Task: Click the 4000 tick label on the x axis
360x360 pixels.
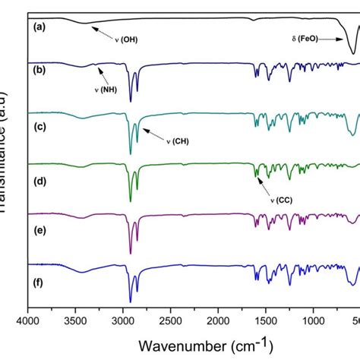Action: pos(28,321)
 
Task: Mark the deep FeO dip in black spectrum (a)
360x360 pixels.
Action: pos(352,52)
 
